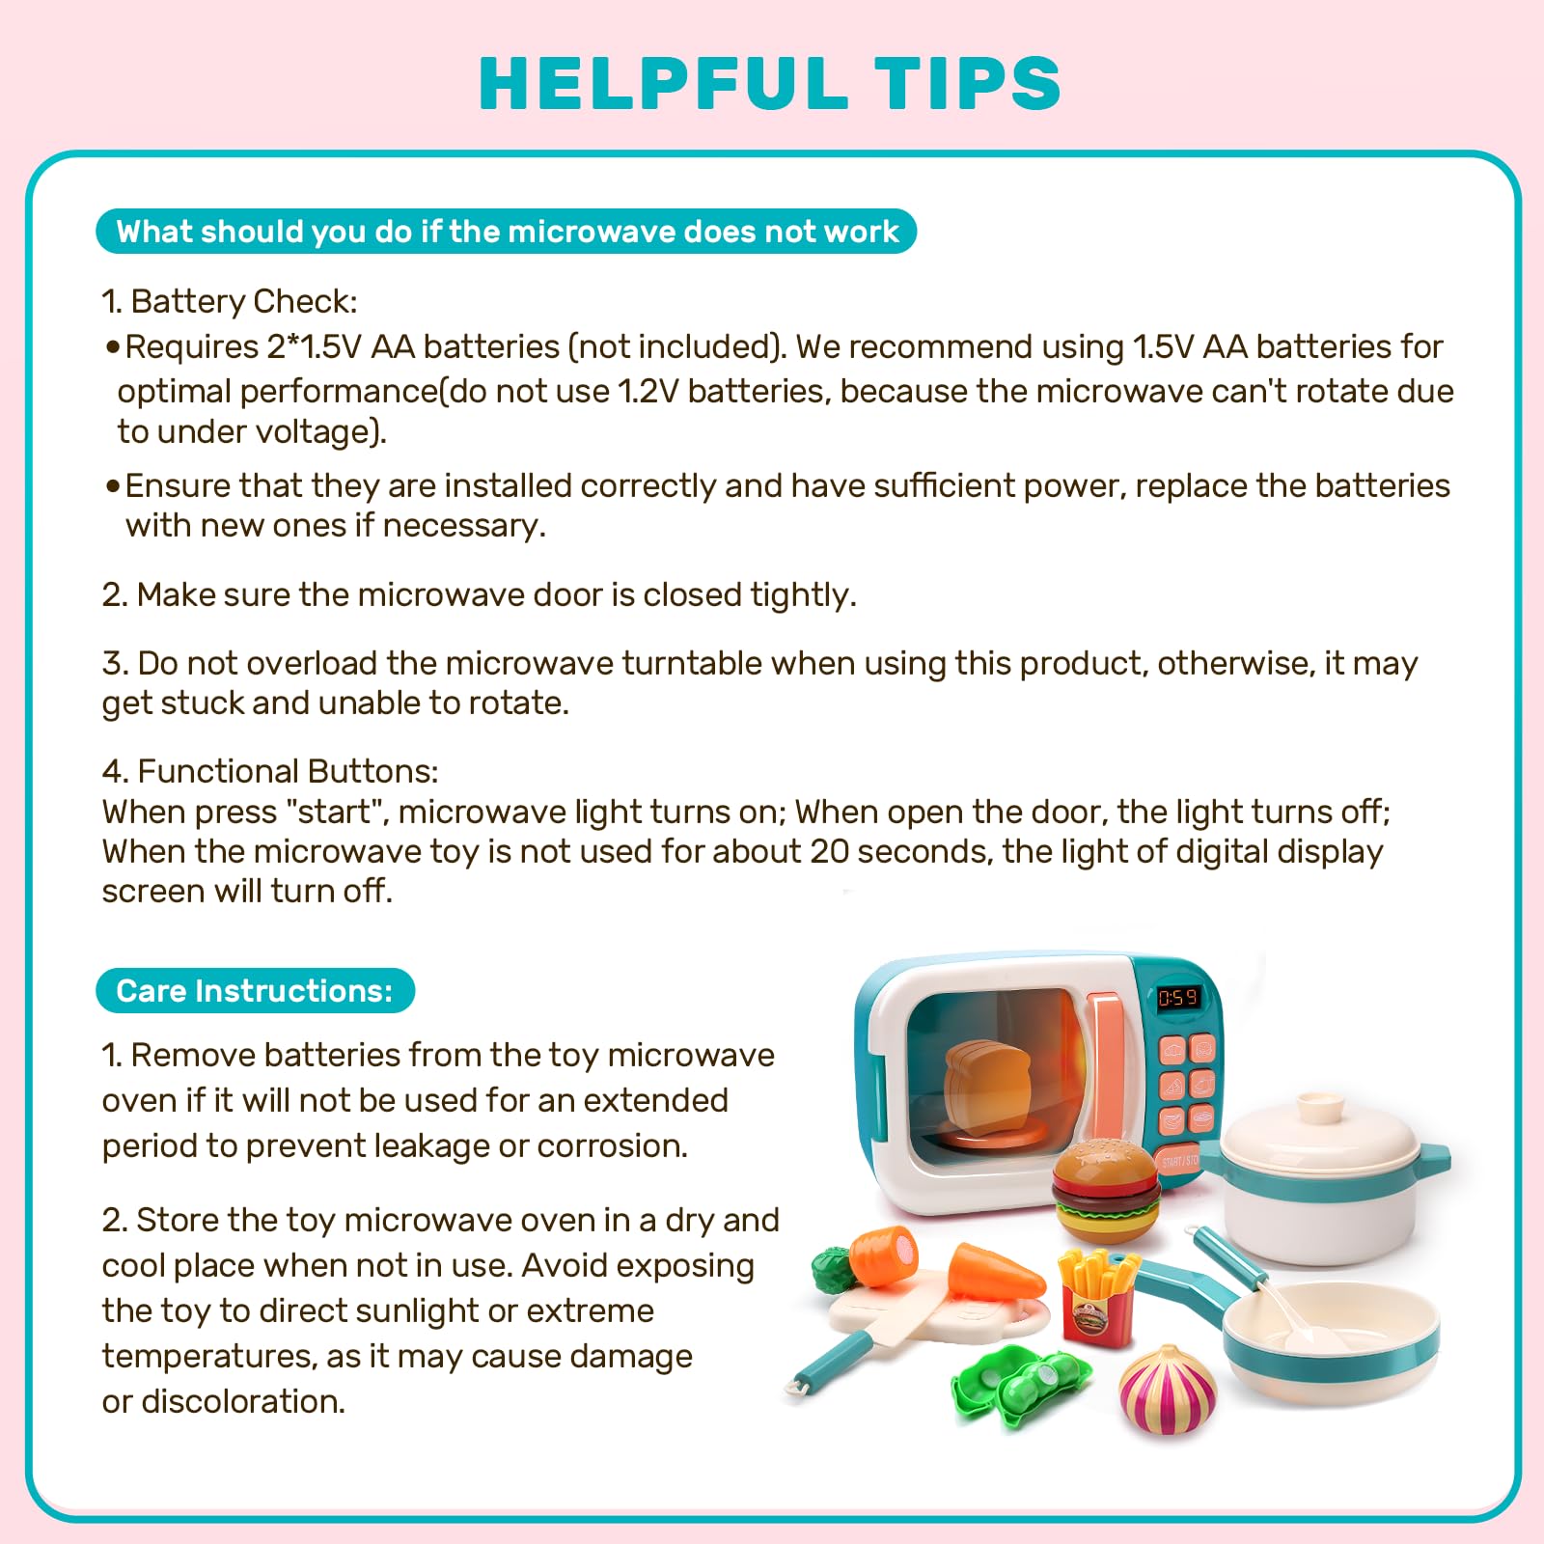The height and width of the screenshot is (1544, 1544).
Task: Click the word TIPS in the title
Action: (x=968, y=83)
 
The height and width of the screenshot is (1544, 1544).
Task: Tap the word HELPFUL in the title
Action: (x=663, y=83)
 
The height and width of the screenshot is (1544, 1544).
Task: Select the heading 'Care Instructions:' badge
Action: (x=255, y=991)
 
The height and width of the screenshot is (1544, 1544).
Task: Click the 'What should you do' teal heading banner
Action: (x=506, y=232)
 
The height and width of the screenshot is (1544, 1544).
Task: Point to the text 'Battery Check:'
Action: (x=244, y=302)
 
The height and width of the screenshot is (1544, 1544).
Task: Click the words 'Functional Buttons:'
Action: (x=289, y=772)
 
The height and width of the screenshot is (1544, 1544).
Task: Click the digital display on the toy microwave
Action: (x=1178, y=998)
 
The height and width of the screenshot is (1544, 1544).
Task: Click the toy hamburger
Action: (x=1106, y=1190)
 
